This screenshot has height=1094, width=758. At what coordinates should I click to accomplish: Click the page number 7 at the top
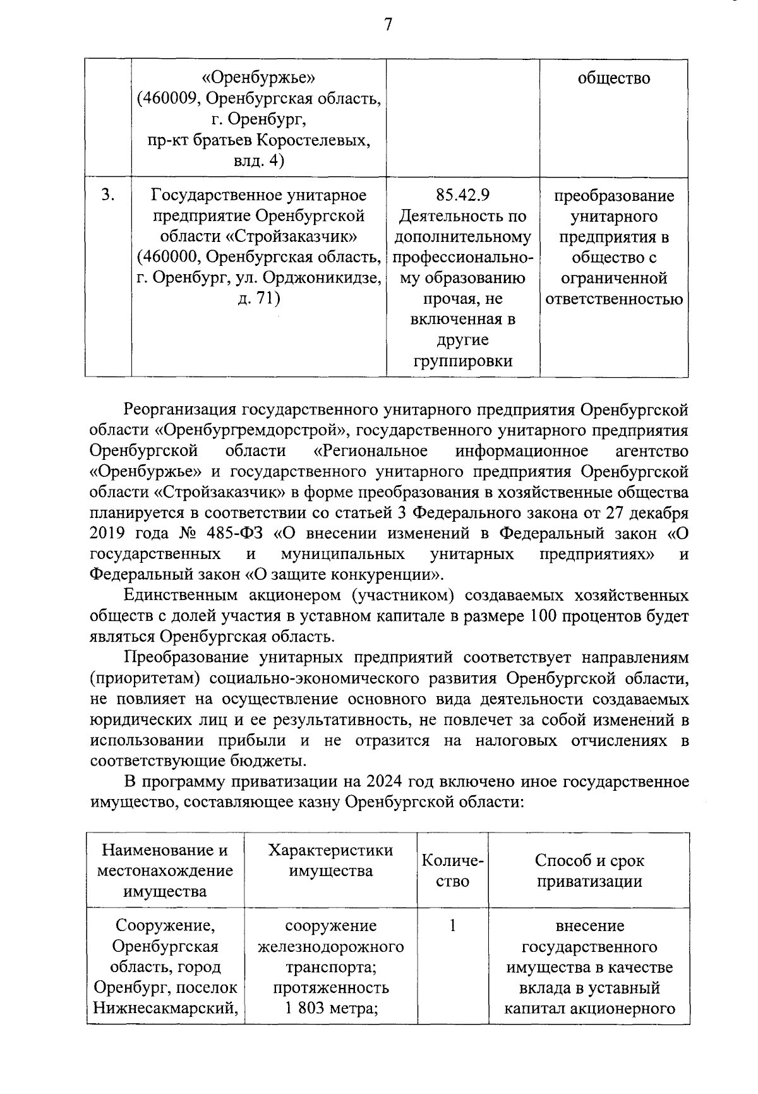(388, 25)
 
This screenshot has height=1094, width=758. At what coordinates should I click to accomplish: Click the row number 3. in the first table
(108, 195)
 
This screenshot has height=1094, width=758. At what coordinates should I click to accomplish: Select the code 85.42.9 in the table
(462, 195)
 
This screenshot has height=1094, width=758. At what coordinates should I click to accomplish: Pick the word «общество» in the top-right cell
(613, 78)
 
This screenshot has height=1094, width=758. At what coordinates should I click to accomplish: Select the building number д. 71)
(258, 298)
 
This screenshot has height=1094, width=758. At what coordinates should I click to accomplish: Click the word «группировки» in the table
(462, 361)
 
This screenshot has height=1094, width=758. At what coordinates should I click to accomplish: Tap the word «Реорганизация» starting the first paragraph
(181, 409)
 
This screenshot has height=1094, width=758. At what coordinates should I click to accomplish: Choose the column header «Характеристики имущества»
(330, 860)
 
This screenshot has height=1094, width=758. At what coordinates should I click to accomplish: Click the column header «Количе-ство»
(452, 870)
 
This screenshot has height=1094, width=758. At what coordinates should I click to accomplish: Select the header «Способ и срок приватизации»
(589, 870)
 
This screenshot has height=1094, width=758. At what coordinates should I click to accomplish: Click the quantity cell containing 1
(452, 926)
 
